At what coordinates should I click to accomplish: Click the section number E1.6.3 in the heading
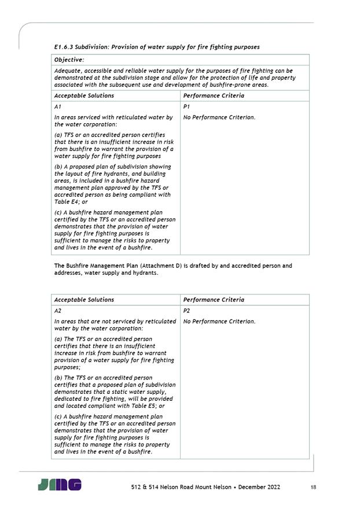pos(64,47)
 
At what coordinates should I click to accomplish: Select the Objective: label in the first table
pos(69,60)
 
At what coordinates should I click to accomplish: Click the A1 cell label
pos(57,107)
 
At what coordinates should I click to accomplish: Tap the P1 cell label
pos(186,107)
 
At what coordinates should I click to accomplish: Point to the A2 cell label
pos(57,311)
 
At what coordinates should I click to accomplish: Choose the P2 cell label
pos(186,311)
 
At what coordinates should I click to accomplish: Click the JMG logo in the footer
pos(60,485)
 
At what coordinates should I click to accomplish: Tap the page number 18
pos(313,487)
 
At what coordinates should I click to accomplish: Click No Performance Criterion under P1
pos(219,117)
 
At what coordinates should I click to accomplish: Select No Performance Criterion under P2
pos(219,322)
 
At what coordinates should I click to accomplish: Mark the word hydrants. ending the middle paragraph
pos(145,273)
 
